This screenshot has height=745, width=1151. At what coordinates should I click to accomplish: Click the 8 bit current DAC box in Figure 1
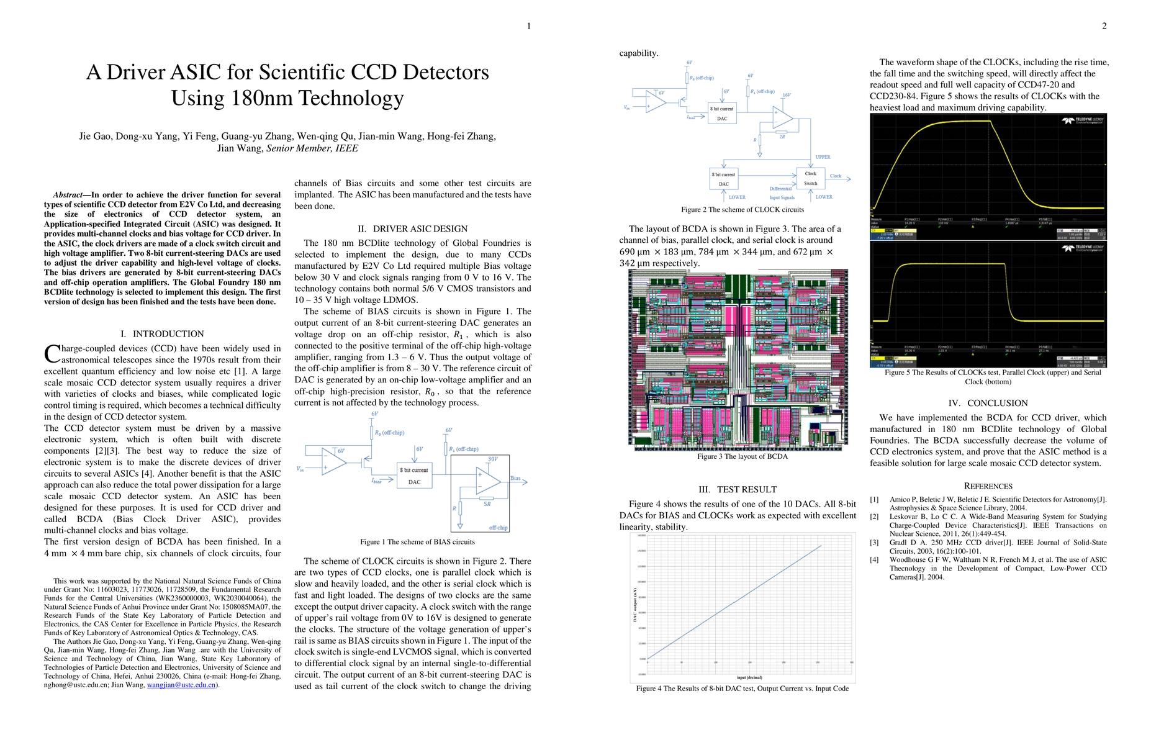pyautogui.click(x=414, y=476)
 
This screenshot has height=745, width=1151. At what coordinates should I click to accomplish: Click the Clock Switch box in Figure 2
pyautogui.click(x=810, y=178)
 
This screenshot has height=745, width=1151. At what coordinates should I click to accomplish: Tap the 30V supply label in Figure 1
pyautogui.click(x=492, y=459)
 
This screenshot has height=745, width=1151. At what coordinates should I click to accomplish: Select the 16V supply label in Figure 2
pyautogui.click(x=786, y=96)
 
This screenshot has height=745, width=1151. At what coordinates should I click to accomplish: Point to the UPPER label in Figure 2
pyautogui.click(x=823, y=157)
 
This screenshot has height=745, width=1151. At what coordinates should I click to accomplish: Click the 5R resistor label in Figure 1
pyautogui.click(x=487, y=504)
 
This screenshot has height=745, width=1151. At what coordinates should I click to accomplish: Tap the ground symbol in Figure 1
pyautogui.click(x=459, y=526)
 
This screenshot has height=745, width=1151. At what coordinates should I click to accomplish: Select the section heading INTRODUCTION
pyautogui.click(x=168, y=334)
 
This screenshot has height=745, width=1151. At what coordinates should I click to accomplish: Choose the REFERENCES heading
pyautogui.click(x=988, y=486)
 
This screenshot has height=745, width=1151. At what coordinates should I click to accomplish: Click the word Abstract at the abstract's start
pyautogui.click(x=68, y=195)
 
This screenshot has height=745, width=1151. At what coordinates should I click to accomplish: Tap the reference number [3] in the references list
pyautogui.click(x=874, y=543)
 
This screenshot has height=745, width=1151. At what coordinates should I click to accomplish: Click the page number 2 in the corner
pyautogui.click(x=1104, y=26)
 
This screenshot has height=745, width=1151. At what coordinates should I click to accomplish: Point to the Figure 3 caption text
pyautogui.click(x=742, y=456)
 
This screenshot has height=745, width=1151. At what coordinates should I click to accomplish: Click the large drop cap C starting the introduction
pyautogui.click(x=52, y=354)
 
